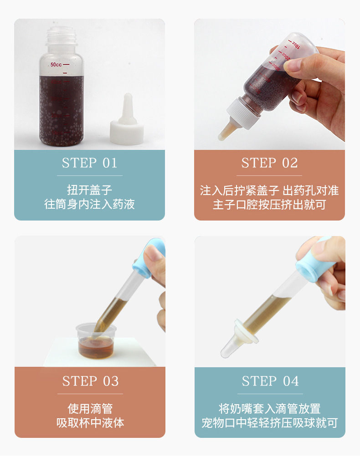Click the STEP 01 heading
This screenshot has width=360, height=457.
[x=89, y=163]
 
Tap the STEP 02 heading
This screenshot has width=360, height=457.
[x=269, y=163]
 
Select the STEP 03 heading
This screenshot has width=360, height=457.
[x=90, y=381]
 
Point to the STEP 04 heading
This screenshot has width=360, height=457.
[x=270, y=381]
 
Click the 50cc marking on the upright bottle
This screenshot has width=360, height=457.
[x=56, y=64]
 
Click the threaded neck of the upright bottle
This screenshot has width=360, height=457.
[x=61, y=36]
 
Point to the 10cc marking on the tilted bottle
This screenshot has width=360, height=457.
[x=296, y=45]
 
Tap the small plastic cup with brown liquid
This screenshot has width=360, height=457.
[x=96, y=340]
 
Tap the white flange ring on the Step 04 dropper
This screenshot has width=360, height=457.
[x=247, y=331]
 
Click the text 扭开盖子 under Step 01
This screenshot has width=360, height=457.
[x=89, y=190]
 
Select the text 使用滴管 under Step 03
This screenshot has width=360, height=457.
[x=90, y=409]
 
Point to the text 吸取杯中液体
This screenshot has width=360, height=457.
[x=90, y=423]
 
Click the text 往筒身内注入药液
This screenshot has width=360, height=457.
[x=89, y=204]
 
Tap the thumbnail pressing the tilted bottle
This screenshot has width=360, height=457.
[x=292, y=65]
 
